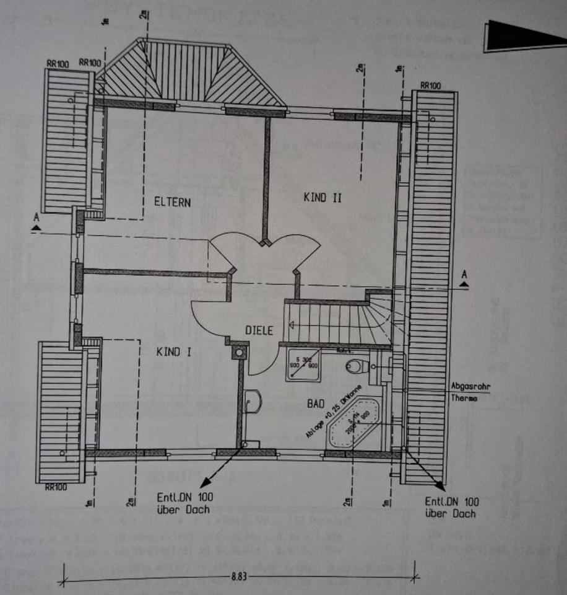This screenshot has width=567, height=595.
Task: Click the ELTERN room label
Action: click(173, 201)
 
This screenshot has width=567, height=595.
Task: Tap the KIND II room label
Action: click(322, 198)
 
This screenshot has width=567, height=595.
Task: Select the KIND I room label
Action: click(174, 351)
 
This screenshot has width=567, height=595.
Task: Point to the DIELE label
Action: click(259, 330)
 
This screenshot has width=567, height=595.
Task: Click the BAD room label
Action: click(316, 403)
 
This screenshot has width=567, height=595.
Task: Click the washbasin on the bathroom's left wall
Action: click(253, 402)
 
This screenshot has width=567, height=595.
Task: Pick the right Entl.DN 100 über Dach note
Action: click(451, 507)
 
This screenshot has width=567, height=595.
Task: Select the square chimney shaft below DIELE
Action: click(239, 352)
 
